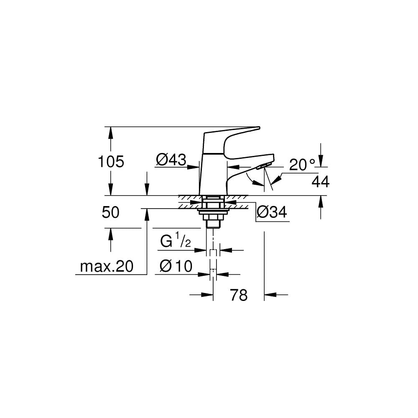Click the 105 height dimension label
pyautogui.click(x=111, y=161)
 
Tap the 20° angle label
pyautogui.click(x=302, y=165)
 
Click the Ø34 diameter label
pyautogui.click(x=271, y=212)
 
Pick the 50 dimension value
pyautogui.click(x=111, y=212)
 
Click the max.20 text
pyautogui.click(x=106, y=266)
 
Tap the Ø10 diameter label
pyautogui.click(x=176, y=266)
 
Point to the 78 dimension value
pyautogui.click(x=239, y=296)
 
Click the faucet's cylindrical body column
pyautogui.click(x=212, y=171)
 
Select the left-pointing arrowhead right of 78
pyautogui.click(x=270, y=296)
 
